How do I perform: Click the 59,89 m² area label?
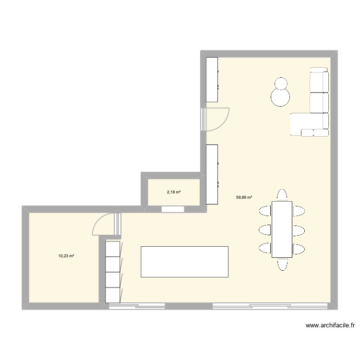244,197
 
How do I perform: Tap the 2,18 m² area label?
173,192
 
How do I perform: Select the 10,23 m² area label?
66,256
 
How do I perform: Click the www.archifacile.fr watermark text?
330,326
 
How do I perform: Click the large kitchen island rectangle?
184,262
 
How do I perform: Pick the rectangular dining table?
282,229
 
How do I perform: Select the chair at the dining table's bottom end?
282,264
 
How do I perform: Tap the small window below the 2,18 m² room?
173,209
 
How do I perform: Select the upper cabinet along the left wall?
212,79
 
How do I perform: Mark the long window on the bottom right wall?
271,306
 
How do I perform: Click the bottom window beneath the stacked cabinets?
137,306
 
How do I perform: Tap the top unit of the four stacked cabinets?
112,249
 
